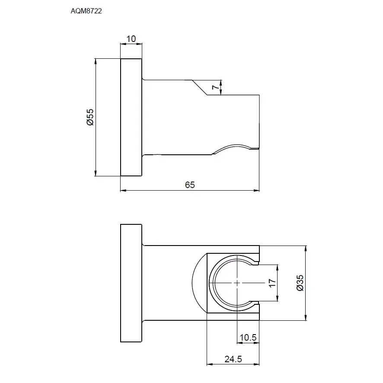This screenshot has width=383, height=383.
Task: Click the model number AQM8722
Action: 86,11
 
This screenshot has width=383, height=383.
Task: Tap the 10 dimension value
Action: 131,38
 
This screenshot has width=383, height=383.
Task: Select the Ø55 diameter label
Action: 90,117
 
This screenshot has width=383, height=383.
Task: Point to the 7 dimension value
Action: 215,87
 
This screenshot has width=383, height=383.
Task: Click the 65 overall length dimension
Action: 190,185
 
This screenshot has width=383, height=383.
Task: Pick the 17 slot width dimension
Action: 272,283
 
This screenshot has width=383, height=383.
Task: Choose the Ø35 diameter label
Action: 300,283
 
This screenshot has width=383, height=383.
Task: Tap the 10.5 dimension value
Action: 248,337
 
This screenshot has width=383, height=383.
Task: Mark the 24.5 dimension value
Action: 233,359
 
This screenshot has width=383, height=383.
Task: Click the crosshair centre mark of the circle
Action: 237,283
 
